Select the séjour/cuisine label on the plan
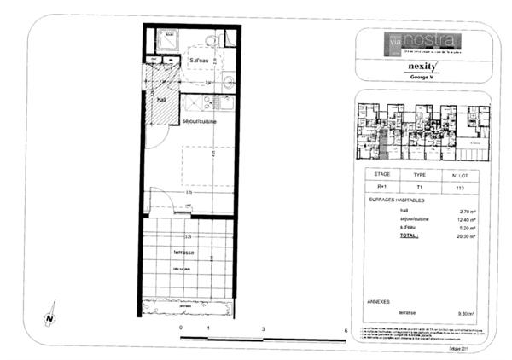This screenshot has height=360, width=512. [198, 122]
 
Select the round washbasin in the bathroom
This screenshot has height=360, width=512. [228, 83]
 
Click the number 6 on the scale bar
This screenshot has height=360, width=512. [345, 328]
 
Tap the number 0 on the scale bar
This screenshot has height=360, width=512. [181, 328]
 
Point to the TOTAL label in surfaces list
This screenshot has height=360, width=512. [411, 235]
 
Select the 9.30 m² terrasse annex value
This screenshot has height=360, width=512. [467, 313]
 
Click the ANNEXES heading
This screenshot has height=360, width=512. [379, 300]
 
